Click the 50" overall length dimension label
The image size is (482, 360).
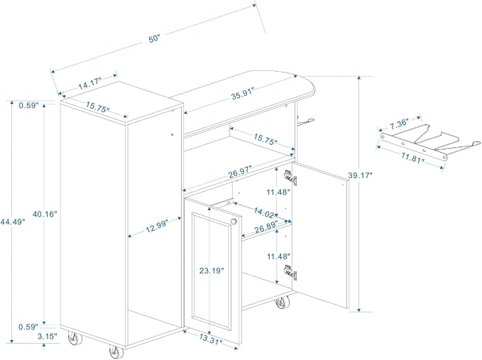pyautogui.click(x=155, y=39)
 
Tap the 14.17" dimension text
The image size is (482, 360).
pyautogui.click(x=89, y=84)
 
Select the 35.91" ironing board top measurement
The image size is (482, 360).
pyautogui.click(x=243, y=94)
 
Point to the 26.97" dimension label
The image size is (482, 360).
pyautogui.click(x=240, y=173)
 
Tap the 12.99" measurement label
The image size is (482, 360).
pyautogui.click(x=157, y=226)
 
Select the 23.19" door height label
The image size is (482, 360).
pyautogui.click(x=212, y=271)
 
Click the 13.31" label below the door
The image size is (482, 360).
pyautogui.click(x=211, y=339)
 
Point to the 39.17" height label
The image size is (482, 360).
pyautogui.click(x=361, y=175)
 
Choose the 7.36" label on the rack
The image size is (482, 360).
pyautogui.click(x=399, y=124)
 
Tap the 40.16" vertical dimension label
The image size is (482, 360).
pyautogui.click(x=45, y=214)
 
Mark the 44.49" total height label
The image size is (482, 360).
pyautogui.click(x=12, y=222)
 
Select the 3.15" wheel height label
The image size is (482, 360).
pyautogui.click(x=48, y=337)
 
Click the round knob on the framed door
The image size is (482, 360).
pyautogui.click(x=234, y=222)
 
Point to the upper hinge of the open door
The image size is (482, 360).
pyautogui.click(x=290, y=177)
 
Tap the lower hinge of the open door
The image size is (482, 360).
pyautogui.click(x=290, y=273)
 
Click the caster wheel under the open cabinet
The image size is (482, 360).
pyautogui.click(x=282, y=302)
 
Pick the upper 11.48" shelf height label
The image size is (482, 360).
pyautogui.click(x=278, y=192)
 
